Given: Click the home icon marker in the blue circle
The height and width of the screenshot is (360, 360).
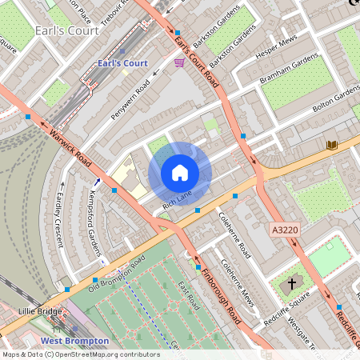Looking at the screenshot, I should pyautogui.click(x=180, y=173).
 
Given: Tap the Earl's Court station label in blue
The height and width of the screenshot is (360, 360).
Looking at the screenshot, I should pyautogui.click(x=122, y=63).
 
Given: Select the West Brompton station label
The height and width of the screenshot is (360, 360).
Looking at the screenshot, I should pyautogui.click(x=74, y=341).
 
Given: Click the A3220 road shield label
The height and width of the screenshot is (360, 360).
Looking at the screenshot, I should pyautogui.click(x=285, y=230).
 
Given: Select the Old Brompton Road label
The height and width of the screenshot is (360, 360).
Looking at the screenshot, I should pyautogui.click(x=117, y=274).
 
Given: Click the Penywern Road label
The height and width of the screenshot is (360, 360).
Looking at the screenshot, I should pyautogui.click(x=130, y=99).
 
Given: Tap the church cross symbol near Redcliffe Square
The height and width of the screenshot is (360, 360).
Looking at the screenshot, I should pyautogui.click(x=292, y=283).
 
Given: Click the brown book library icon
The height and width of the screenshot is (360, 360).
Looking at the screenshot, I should pyautogui.click(x=332, y=145).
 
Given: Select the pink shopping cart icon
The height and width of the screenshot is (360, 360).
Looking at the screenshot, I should pyautogui.click(x=179, y=62).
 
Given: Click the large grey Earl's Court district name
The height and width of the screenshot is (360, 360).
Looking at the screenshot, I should pyautogui.click(x=67, y=31).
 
